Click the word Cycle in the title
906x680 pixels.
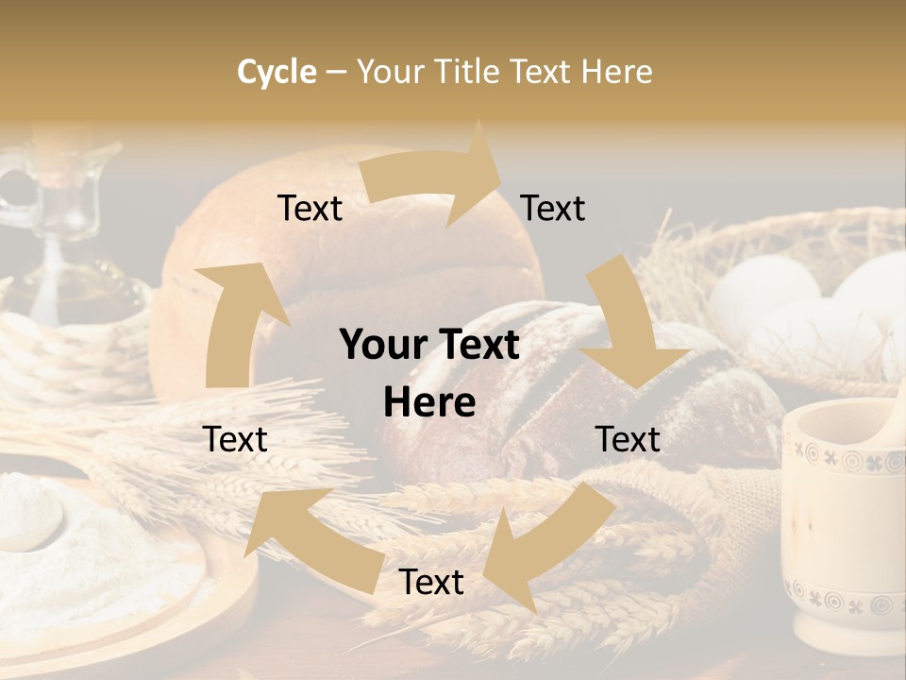point(277,72)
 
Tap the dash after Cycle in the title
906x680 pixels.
point(336,72)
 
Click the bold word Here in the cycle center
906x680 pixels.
point(429,403)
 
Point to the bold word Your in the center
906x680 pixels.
point(377,346)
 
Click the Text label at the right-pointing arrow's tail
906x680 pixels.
point(310,209)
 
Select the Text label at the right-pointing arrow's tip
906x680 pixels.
point(553,209)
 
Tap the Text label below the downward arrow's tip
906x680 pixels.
point(628,439)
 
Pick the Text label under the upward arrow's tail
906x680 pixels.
point(235,439)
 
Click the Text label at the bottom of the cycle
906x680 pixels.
point(431,583)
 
